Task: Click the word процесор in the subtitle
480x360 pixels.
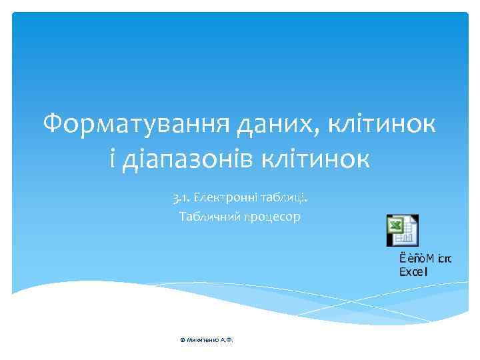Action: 274,217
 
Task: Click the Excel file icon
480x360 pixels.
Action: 402,230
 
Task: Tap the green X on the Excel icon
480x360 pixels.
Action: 395,227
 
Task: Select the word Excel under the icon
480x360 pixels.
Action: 413,271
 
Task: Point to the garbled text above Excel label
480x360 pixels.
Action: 425,258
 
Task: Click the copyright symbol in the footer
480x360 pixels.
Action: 181,340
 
